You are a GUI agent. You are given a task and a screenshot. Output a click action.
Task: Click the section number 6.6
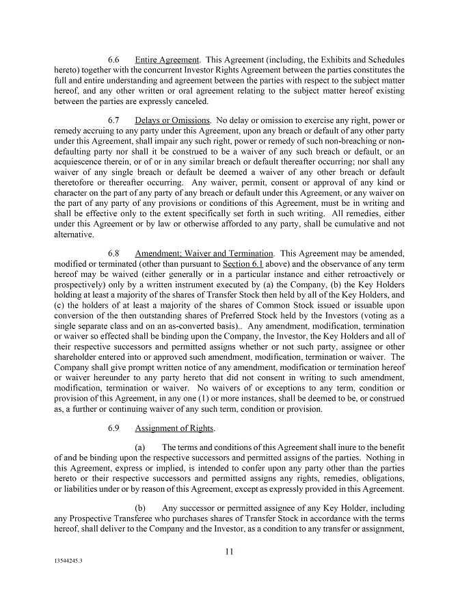tap(114, 60)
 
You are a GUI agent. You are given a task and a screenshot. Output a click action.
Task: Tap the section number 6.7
tap(114, 121)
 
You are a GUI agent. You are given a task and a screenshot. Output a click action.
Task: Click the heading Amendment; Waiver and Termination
tap(204, 254)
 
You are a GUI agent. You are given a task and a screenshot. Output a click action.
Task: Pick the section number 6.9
tap(114, 429)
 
